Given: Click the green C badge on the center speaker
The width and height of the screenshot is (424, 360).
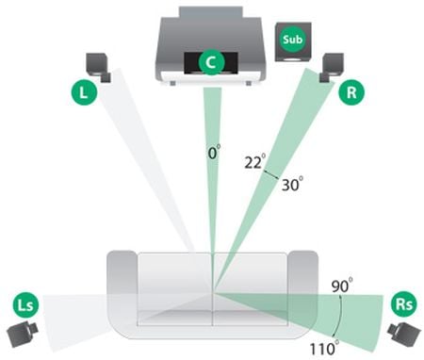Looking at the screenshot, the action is (212, 62).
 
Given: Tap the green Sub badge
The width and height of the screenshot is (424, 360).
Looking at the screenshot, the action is (292, 40).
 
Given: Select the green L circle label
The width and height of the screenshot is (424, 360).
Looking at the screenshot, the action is (84, 92).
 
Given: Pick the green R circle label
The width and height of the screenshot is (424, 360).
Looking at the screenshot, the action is (351, 92).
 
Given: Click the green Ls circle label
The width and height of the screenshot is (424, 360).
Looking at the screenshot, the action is (25, 304).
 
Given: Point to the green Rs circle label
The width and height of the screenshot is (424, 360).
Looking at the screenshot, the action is (404, 303).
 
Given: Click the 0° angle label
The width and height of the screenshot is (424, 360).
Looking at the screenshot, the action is (214, 152).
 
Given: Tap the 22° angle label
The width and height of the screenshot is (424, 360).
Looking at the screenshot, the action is (255, 161).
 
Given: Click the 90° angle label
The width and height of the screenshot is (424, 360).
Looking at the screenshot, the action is (342, 286).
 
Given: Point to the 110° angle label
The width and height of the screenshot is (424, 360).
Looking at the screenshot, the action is (324, 347).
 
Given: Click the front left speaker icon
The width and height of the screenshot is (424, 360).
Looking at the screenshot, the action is (98, 67).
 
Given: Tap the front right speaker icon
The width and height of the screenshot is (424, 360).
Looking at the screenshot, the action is (332, 67).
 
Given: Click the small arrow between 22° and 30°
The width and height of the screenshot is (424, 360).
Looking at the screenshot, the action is (270, 174).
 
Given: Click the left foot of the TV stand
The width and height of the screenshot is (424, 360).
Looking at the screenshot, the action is (171, 83).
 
